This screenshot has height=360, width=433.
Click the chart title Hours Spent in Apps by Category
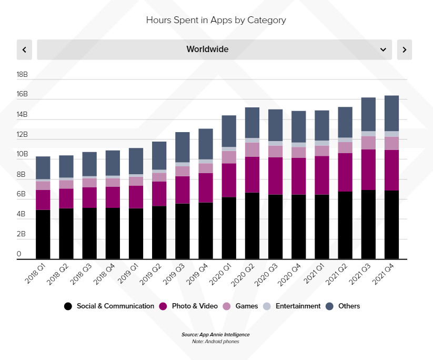[x=216, y=21]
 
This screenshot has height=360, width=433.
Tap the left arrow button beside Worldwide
[x=24, y=49]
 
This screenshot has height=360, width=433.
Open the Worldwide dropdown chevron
[x=383, y=49]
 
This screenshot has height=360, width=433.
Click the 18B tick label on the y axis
[x=22, y=75]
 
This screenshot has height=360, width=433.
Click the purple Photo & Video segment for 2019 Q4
[x=206, y=187]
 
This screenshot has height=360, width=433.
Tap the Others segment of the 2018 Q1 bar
[x=43, y=168]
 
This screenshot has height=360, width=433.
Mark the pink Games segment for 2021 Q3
[x=368, y=143]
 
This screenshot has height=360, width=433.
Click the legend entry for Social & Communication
[x=109, y=306]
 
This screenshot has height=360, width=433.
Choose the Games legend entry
[x=240, y=306]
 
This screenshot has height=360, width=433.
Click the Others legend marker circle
[x=330, y=306]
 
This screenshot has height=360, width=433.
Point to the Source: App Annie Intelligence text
[x=216, y=335]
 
